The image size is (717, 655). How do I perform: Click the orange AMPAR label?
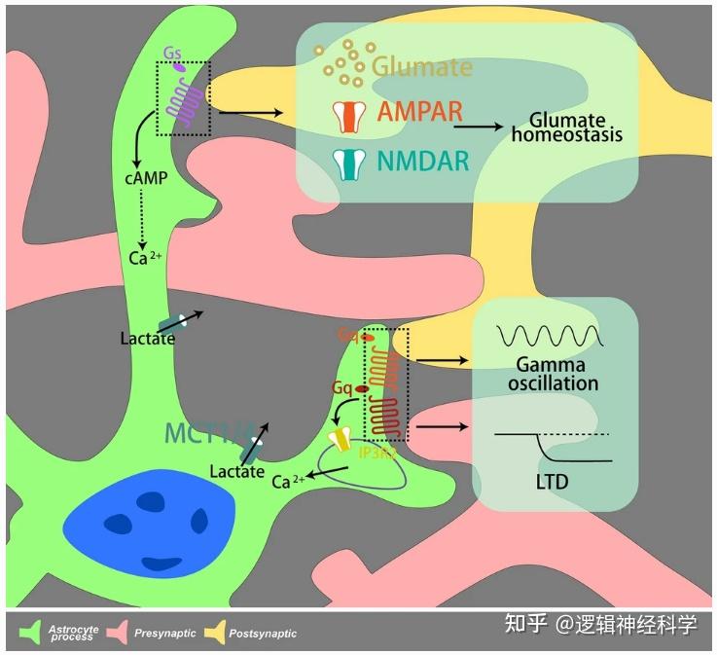(x=420, y=112)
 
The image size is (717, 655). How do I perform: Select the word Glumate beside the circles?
(x=422, y=66)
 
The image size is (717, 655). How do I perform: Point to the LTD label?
(x=552, y=482)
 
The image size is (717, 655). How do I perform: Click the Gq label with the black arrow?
(x=342, y=386)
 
